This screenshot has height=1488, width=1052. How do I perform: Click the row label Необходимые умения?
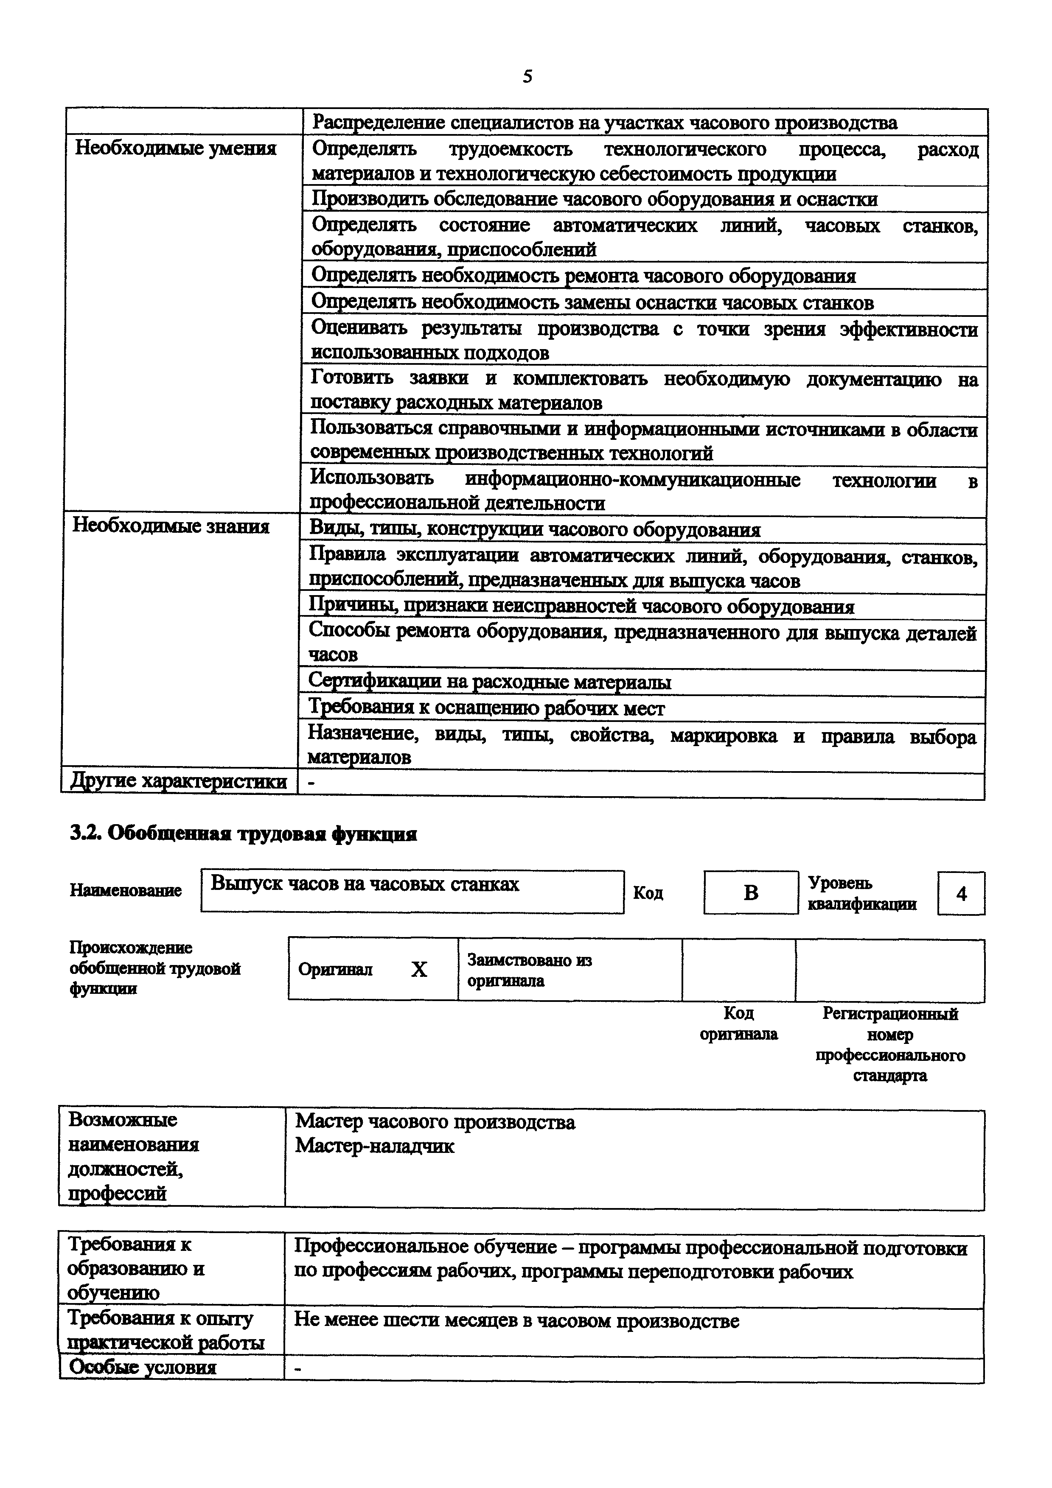pyautogui.click(x=176, y=148)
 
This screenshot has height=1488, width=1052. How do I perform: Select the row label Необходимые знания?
pyautogui.click(x=171, y=526)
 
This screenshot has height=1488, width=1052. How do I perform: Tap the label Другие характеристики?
pyautogui.click(x=178, y=781)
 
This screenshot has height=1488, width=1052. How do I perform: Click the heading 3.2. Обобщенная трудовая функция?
pyautogui.click(x=243, y=834)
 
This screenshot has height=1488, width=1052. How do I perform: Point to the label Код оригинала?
pyautogui.click(x=738, y=1024)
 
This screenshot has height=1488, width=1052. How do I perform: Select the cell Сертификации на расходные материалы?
pyautogui.click(x=489, y=682)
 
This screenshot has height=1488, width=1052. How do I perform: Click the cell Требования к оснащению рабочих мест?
pyautogui.click(x=486, y=708)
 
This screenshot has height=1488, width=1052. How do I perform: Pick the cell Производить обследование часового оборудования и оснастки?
pyautogui.click(x=595, y=199)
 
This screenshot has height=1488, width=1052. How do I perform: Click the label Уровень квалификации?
pyautogui.click(x=861, y=893)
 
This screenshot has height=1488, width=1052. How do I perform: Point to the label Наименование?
pyautogui.click(x=126, y=890)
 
